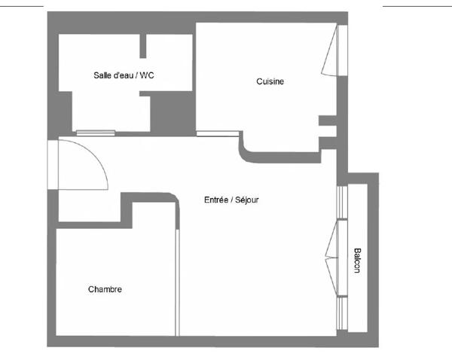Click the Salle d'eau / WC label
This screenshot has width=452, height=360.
(124, 75)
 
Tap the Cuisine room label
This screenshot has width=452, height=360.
(270, 81)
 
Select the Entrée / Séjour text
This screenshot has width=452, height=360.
(231, 200)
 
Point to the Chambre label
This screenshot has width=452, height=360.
(105, 289)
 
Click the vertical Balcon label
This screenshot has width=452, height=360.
(357, 261)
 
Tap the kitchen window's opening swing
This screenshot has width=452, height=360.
(329, 50)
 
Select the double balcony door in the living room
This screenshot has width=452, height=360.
(331, 258)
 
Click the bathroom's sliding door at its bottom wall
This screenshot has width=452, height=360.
(96, 133)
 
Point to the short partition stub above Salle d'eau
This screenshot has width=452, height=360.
(142, 46)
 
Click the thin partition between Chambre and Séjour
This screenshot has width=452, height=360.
(177, 282)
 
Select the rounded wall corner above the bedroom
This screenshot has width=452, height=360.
(173, 199)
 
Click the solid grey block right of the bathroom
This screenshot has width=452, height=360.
(173, 113)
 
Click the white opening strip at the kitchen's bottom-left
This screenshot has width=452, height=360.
(218, 133)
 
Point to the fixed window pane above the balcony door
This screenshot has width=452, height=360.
(342, 202)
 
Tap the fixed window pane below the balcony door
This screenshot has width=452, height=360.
(342, 313)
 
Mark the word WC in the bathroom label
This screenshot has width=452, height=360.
(147, 75)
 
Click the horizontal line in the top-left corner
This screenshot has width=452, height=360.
(22, 6)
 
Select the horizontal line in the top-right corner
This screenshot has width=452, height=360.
(417, 6)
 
